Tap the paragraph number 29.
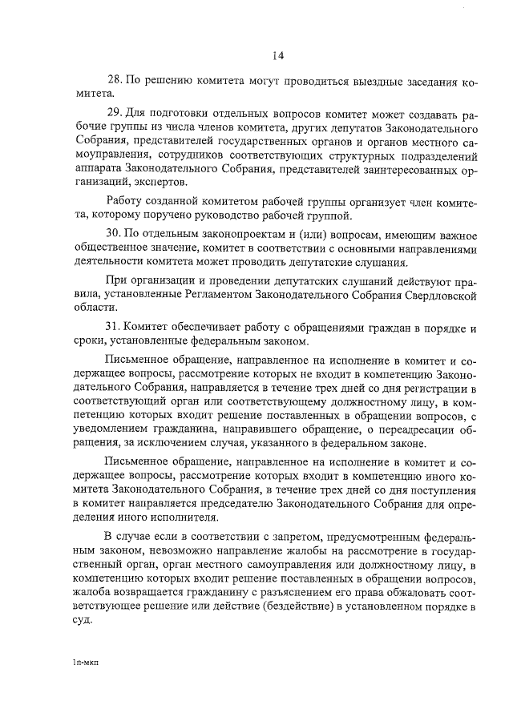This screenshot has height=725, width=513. (x=115, y=114)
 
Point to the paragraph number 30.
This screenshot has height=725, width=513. (x=115, y=233)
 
